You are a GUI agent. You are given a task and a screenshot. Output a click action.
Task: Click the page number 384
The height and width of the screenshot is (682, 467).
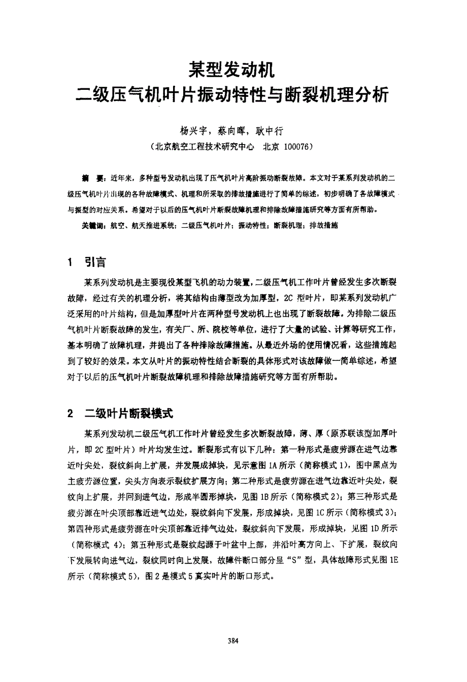233,640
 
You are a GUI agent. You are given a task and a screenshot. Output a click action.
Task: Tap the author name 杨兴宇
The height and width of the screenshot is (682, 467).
192,131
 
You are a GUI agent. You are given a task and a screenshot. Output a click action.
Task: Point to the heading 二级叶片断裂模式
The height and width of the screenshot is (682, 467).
129,414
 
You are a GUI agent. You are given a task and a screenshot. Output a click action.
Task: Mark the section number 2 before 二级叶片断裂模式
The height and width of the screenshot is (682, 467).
71,414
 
